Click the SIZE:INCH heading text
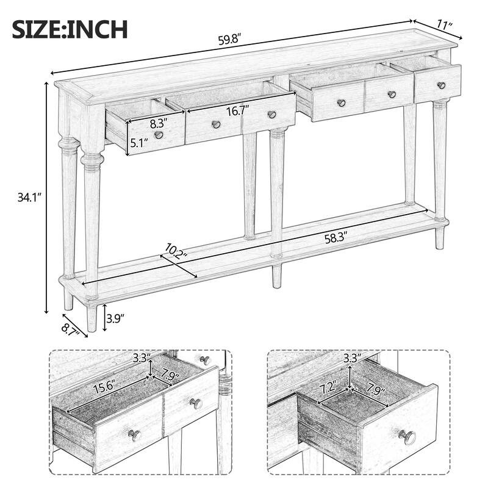click(x=70, y=29)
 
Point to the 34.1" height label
click(x=26, y=197)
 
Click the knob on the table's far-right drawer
click(x=441, y=85)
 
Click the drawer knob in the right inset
click(x=407, y=437)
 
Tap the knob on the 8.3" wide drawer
click(x=159, y=135)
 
